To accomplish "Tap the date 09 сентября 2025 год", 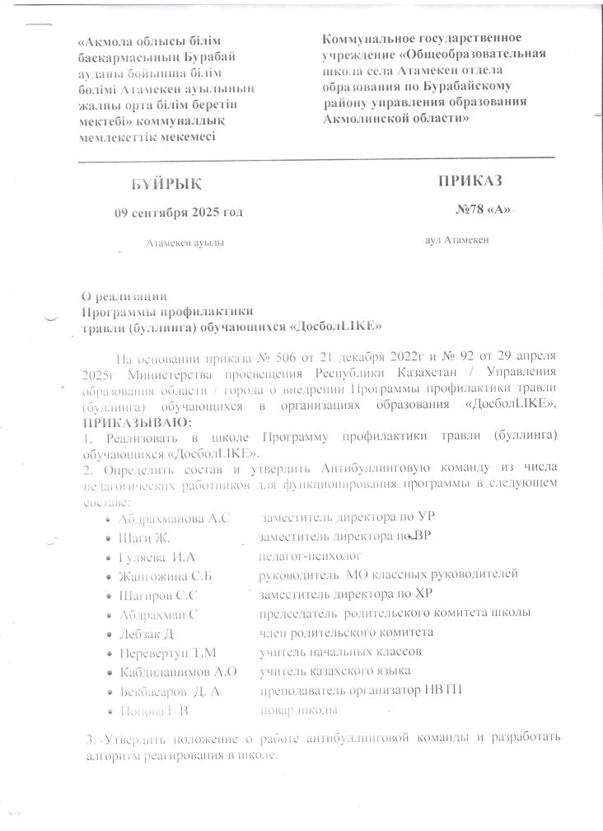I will point(179,212).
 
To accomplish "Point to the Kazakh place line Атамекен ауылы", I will point(184,242).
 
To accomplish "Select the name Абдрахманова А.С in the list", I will point(171,519).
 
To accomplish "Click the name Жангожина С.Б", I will point(166,575).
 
